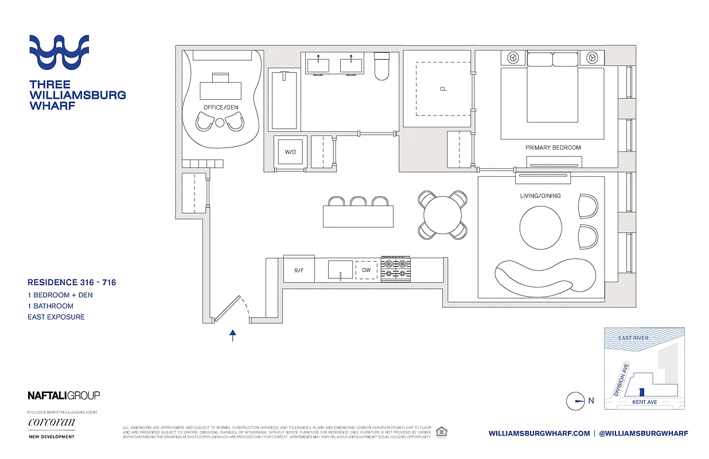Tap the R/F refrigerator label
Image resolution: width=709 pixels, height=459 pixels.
pos(299,270)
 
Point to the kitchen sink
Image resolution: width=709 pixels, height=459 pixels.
pos(340,270)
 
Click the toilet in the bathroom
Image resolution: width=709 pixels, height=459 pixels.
pos(381,66)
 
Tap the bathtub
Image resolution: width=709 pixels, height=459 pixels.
pos(284,99)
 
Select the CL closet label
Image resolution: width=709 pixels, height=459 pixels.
pos(443,89)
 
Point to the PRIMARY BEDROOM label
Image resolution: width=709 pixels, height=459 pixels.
pos(553,147)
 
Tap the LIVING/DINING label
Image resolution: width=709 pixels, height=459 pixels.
pos(540,196)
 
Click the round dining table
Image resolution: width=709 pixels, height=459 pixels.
pos(442,215)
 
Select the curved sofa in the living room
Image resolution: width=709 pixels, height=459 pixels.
pos(543,277)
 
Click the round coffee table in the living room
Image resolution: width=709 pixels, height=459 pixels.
pos(540,227)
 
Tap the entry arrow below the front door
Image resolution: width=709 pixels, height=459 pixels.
pos(233,336)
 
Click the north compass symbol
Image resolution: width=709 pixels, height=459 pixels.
pos(575,401)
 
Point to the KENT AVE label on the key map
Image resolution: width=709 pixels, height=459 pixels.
pos(644,402)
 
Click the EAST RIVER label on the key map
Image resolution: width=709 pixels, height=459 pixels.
pos(633,338)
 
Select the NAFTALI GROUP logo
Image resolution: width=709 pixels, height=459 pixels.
pos(64,395)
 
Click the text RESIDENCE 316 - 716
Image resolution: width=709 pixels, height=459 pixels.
pos(72,282)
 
